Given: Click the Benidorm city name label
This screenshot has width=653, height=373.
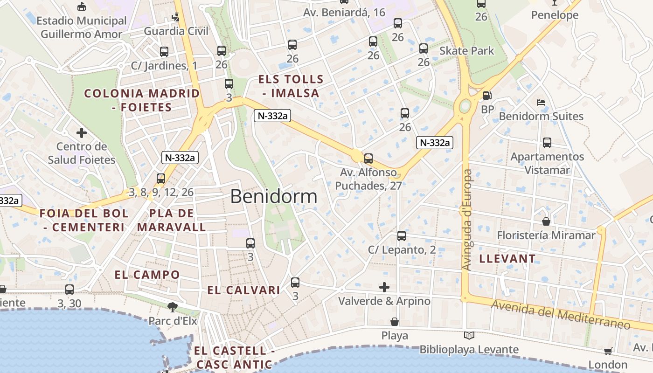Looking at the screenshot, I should pos(274,196).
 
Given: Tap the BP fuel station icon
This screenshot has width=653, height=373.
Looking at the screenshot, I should pos(487,96).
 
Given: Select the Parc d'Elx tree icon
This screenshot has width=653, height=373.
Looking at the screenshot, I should pos(173,307).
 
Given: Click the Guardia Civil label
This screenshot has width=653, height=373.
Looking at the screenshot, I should pos(176,31).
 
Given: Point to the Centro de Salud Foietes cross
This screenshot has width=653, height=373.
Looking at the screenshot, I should pos(82,133).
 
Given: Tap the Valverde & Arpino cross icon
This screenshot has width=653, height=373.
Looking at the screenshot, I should pos(384,287).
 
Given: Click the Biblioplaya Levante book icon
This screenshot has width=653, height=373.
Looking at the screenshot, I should pos(469,335).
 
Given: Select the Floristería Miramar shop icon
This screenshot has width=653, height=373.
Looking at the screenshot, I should pos(546,221).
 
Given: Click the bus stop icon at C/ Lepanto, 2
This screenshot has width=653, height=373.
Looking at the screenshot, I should pos(402,236).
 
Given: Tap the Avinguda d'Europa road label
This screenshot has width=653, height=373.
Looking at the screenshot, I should pos(467,220).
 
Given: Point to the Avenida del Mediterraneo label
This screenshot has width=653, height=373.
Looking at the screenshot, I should pos(561,315).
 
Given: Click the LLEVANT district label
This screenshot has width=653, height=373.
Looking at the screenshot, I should pos(507,258).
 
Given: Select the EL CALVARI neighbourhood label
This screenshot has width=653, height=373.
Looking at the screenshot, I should pos(243,290).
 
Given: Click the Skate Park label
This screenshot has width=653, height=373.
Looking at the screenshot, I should pos(466,50).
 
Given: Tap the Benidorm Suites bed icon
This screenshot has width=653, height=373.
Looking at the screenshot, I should pos(541,102).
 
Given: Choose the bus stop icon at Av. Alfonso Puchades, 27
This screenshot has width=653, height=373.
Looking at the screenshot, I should pos(368,158).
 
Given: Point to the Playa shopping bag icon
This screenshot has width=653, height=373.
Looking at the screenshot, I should pos(395,322).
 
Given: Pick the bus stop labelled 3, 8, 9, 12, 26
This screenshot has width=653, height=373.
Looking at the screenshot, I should pos(161,178).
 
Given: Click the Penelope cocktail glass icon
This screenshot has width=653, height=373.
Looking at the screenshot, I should pos(554,2).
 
